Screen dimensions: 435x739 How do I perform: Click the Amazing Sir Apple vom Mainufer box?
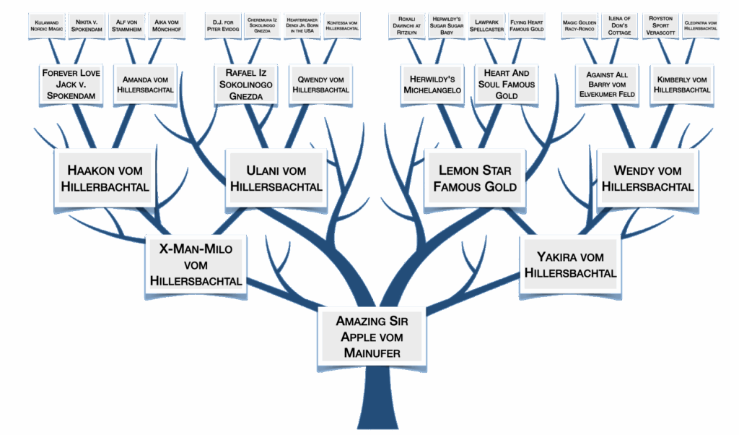pyautogui.click(x=371, y=337)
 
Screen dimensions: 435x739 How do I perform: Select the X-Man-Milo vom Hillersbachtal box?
pyautogui.click(x=196, y=264)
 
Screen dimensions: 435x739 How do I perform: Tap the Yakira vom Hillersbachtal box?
pyautogui.click(x=570, y=264)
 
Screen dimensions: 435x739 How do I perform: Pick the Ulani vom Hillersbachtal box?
pyautogui.click(x=276, y=178)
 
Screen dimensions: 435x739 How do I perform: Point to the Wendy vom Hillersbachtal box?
pyautogui.click(x=647, y=178)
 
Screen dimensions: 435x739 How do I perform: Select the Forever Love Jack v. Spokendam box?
pyautogui.click(x=71, y=85)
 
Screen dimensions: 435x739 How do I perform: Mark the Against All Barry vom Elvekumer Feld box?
pyautogui.click(x=605, y=85)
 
